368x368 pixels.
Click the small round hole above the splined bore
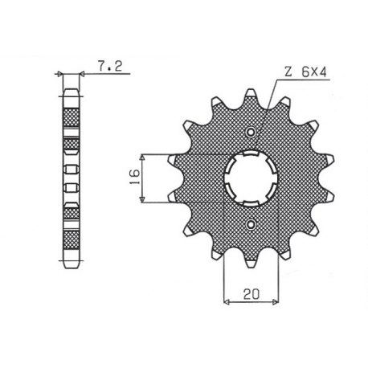click(251, 132)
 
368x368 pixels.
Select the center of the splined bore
click(251, 177)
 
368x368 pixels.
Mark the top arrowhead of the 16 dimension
click(141, 154)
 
